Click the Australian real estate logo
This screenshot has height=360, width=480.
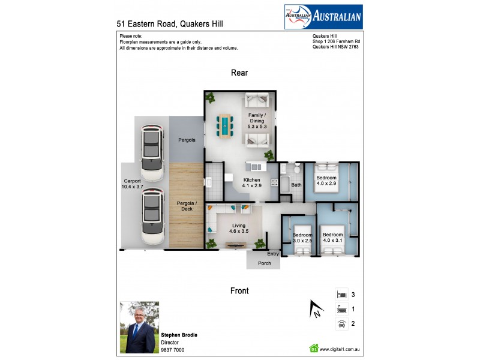[x=322, y=17]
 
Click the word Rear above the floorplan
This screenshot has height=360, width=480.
[x=239, y=73]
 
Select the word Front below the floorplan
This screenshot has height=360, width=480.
[x=239, y=291]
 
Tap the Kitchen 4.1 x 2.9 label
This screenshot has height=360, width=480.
[x=252, y=183]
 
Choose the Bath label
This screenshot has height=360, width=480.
[x=296, y=185]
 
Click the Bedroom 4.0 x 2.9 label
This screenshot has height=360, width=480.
[x=327, y=181]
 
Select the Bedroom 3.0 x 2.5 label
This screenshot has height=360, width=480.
[x=302, y=238]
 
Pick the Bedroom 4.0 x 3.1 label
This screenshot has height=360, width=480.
[x=332, y=238]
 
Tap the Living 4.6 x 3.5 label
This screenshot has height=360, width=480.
[x=238, y=229]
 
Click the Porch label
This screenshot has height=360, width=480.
[x=264, y=263]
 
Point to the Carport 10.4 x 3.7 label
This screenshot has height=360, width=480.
[x=132, y=184]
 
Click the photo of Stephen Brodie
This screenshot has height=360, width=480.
[x=139, y=327]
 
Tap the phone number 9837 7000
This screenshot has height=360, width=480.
[x=173, y=350]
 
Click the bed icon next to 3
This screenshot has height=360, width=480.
[x=341, y=295]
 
